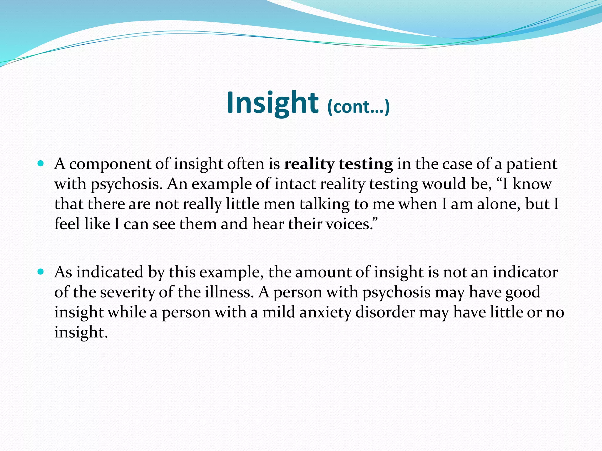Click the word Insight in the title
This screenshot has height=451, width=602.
click(x=272, y=103)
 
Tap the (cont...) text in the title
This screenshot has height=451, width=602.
click(x=358, y=107)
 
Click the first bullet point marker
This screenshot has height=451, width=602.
click(x=41, y=163)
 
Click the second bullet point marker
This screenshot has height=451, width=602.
click(x=41, y=272)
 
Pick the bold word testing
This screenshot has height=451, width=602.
click(x=366, y=164)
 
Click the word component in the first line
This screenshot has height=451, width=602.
click(x=110, y=164)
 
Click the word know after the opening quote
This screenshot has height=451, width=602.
click(x=532, y=184)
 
